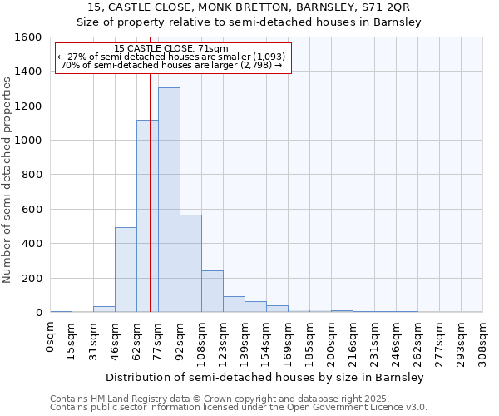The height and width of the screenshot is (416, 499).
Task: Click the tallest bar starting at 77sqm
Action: click(169, 200)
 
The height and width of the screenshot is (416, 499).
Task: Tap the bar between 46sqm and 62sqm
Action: click(126, 270)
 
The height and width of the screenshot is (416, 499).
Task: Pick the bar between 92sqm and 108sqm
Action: click(190, 262)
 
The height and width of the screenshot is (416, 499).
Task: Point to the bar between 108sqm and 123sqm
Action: click(212, 291)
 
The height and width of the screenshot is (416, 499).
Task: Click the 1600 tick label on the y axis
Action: click(28, 37)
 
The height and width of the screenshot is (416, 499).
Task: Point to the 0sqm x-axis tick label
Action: click(51, 336)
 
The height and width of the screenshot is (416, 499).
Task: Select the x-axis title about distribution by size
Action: click(266, 377)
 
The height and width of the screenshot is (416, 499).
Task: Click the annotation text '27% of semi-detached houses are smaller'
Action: click(170, 57)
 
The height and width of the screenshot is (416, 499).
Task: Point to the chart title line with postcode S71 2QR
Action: click(249, 7)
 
